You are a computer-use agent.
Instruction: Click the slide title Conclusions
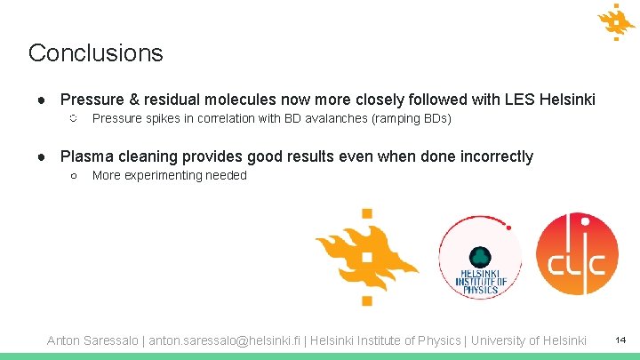click(96, 52)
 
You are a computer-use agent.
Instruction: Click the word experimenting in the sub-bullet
click(163, 175)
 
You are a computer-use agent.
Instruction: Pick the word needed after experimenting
click(226, 175)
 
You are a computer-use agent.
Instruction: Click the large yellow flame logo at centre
click(365, 257)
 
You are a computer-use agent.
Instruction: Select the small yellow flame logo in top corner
click(616, 21)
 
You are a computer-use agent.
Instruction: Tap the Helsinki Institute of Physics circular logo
click(480, 258)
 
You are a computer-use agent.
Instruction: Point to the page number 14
click(620, 340)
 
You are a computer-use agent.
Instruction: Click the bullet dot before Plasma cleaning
click(42, 156)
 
